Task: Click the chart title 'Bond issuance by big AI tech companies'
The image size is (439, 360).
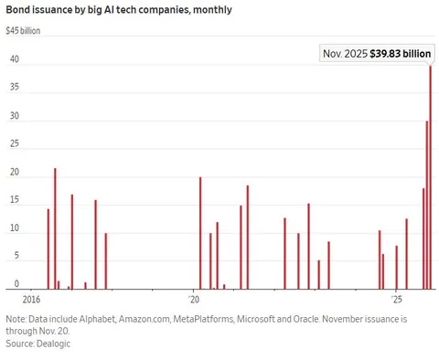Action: tap(118, 10)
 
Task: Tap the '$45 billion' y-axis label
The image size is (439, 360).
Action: tap(24, 30)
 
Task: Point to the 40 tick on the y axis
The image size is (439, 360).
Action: tap(14, 60)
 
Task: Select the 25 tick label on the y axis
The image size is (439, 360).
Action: tap(14, 145)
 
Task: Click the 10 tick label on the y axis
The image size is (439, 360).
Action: tap(14, 229)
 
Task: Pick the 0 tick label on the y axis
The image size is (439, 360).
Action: tap(16, 285)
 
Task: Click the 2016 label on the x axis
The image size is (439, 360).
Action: tap(31, 300)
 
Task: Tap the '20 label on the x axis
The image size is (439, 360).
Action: tap(194, 300)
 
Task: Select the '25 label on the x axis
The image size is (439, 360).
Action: tap(395, 300)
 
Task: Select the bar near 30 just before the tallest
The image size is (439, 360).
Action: tap(426, 206)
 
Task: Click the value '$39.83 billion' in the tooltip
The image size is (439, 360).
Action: tap(400, 54)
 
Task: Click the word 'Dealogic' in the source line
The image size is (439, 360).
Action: tap(52, 344)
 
